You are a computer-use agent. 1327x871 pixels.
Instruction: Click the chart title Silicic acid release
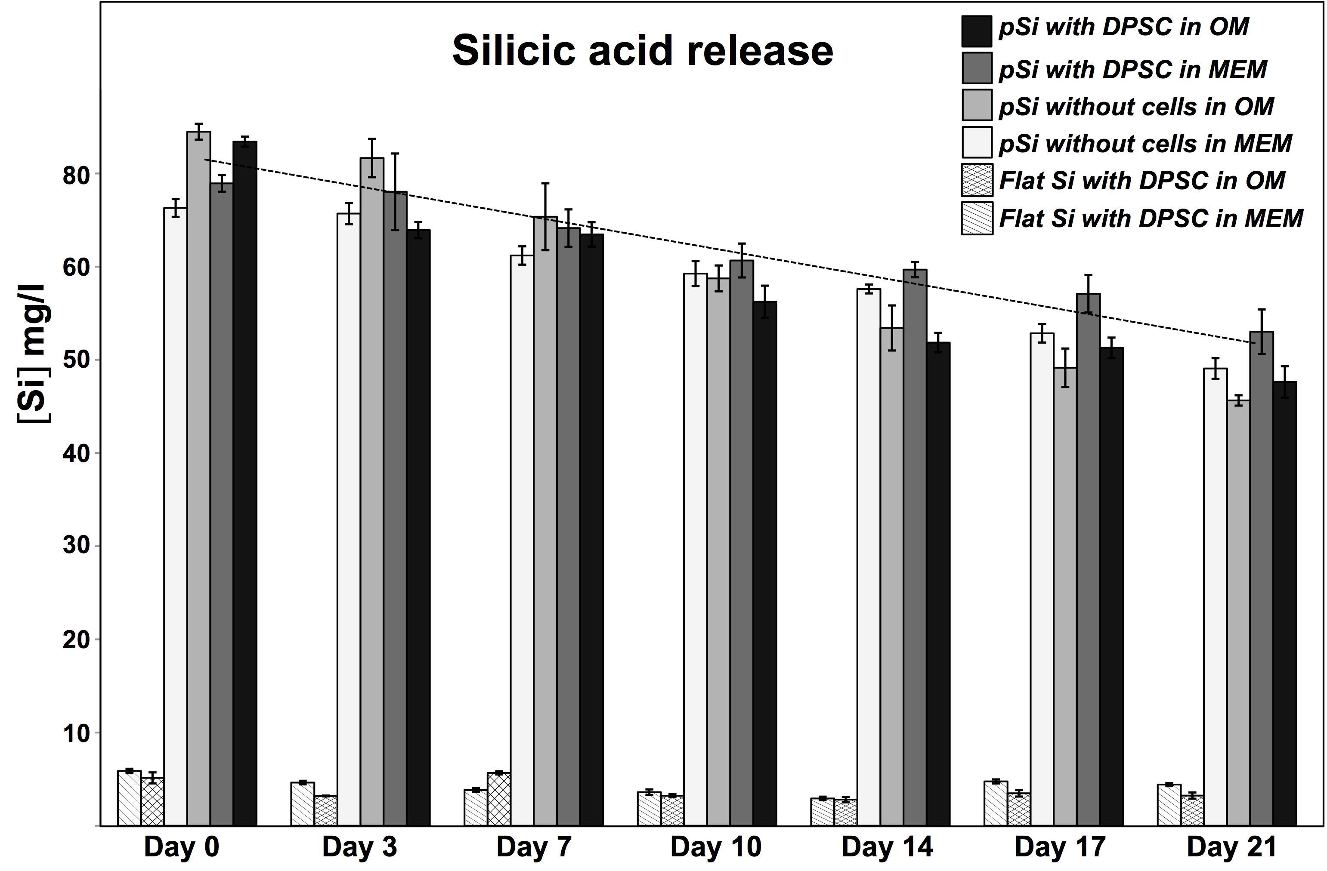click(642, 51)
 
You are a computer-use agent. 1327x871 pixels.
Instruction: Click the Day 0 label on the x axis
click(181, 847)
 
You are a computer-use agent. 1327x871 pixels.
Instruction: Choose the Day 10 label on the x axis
click(715, 847)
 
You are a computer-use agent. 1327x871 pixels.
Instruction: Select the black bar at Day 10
click(765, 563)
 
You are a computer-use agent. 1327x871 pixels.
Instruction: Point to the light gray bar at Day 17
click(1065, 596)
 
